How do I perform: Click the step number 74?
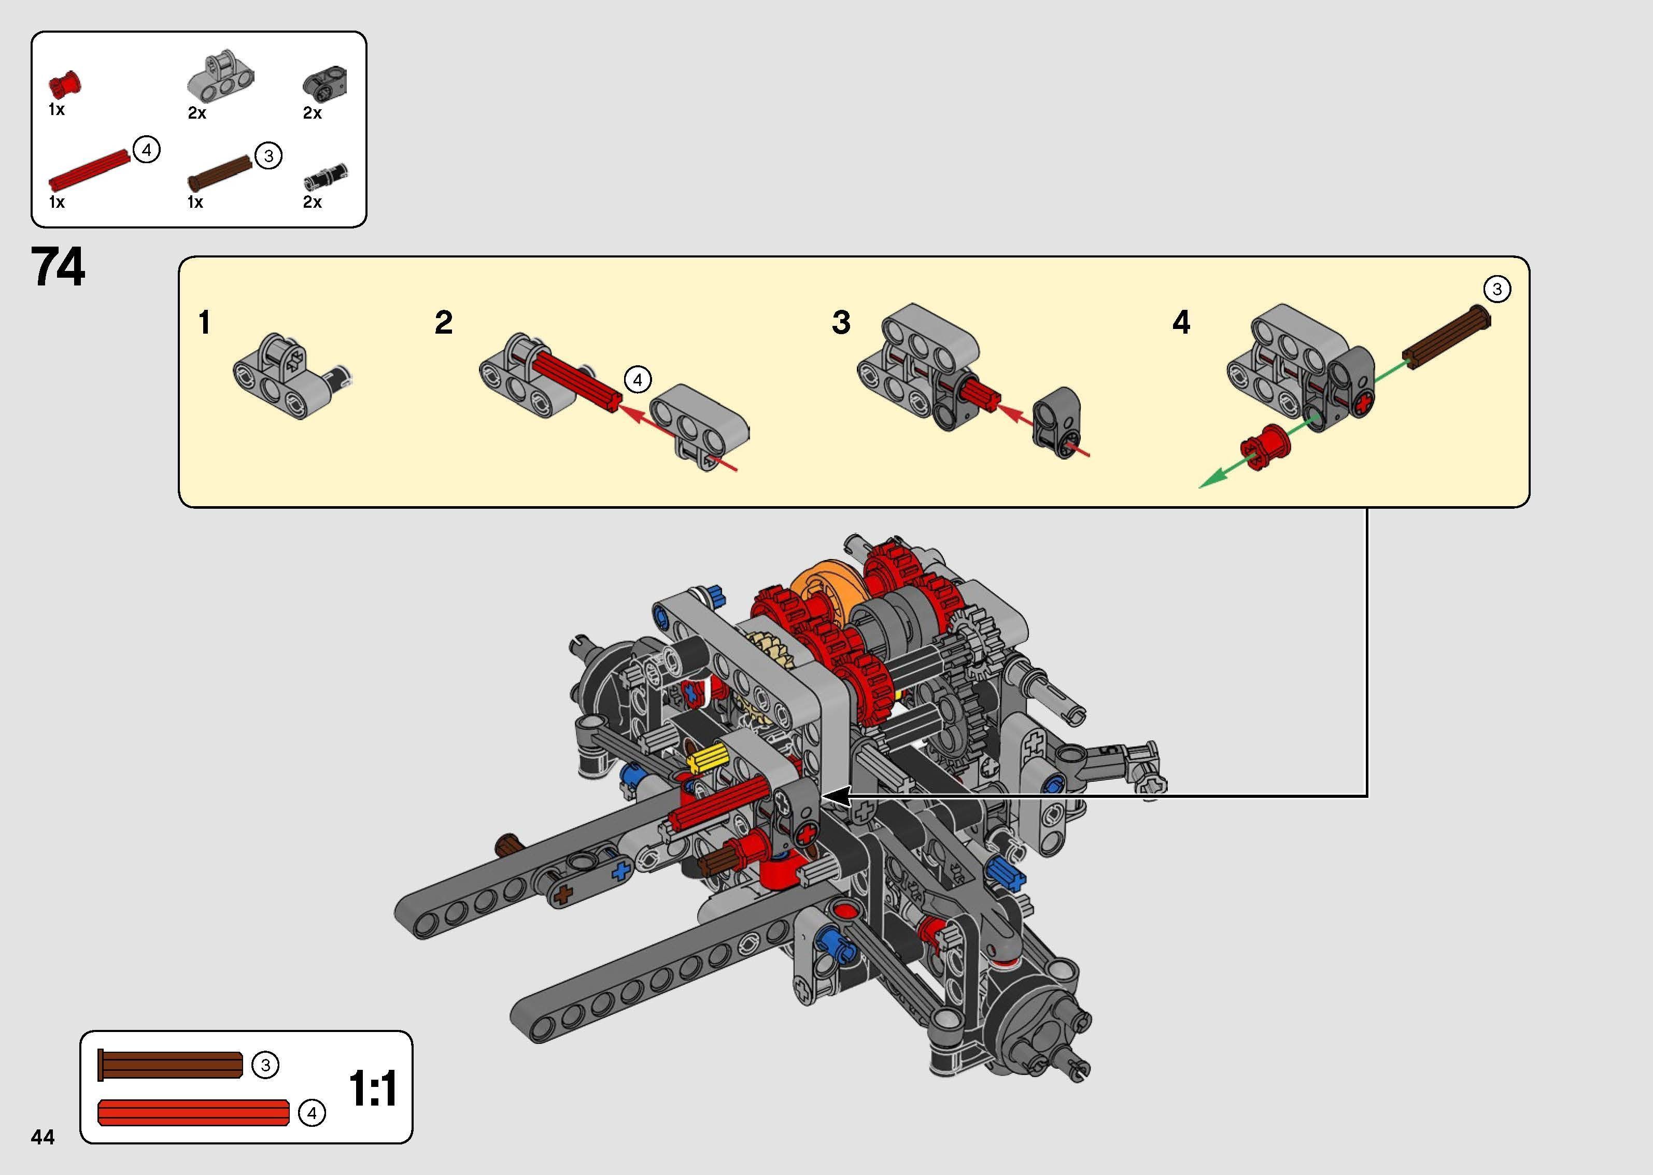[58, 266]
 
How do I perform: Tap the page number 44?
[43, 1137]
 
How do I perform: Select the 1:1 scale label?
[373, 1089]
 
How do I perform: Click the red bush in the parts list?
[64, 84]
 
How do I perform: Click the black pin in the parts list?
[326, 175]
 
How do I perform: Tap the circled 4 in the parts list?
[147, 150]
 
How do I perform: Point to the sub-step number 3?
[841, 323]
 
